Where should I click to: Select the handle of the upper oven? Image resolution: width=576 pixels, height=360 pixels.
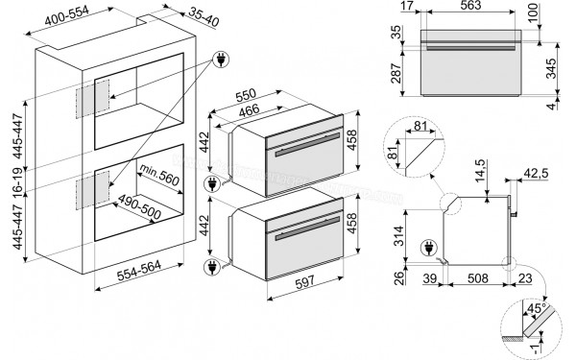coord(307,151)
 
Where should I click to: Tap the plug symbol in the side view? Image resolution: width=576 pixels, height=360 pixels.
coord(430,249)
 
